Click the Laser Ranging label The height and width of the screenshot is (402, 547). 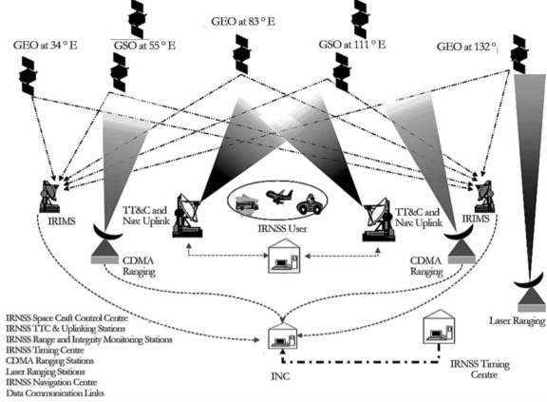(517, 322)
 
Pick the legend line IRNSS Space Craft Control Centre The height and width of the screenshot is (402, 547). (73, 316)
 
